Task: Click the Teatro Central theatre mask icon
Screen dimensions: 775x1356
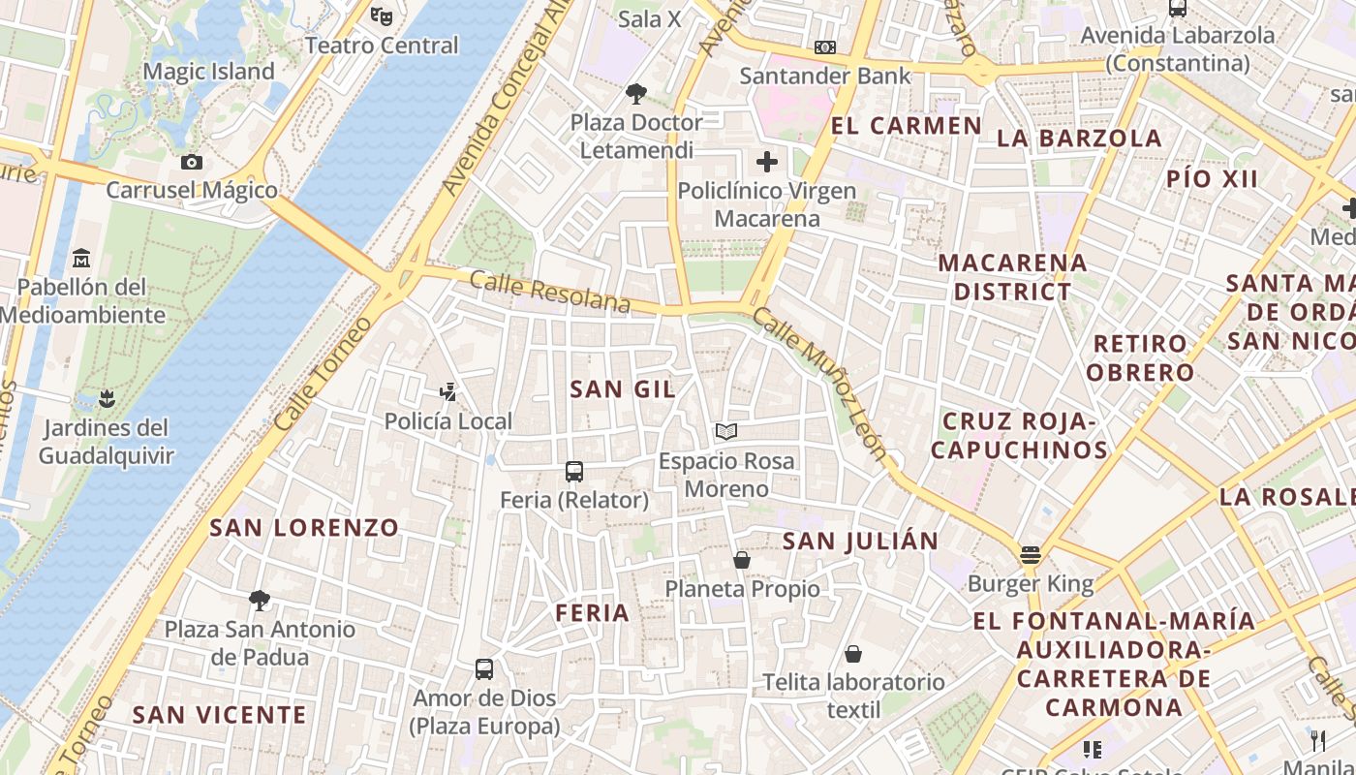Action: tap(383, 15)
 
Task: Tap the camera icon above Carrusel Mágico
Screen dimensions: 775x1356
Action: tap(192, 162)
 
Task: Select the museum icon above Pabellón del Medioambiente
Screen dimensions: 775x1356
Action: tap(81, 259)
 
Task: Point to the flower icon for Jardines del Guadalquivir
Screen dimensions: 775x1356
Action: tap(106, 398)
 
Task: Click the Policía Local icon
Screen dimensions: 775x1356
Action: tap(447, 392)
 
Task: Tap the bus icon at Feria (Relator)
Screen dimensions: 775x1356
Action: tap(574, 472)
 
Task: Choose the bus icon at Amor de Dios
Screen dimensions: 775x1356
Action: tap(484, 668)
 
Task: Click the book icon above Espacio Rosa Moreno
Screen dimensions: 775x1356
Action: tap(726, 432)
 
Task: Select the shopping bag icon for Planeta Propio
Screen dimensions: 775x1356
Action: tap(742, 560)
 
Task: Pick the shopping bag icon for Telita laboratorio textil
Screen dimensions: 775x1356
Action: tap(853, 654)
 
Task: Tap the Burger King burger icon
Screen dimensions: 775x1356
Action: tap(1030, 555)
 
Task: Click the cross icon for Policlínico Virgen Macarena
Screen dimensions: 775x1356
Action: tap(767, 162)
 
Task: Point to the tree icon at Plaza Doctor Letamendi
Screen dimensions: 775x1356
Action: tap(636, 94)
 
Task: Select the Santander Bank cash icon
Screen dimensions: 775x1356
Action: tap(825, 46)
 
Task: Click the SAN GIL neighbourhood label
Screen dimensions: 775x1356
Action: tap(623, 389)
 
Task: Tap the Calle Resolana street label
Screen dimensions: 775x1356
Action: tap(549, 292)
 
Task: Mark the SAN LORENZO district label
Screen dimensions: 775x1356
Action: tap(304, 528)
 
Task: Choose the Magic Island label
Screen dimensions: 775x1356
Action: tap(208, 72)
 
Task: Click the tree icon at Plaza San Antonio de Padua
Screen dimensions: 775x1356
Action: tap(259, 600)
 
